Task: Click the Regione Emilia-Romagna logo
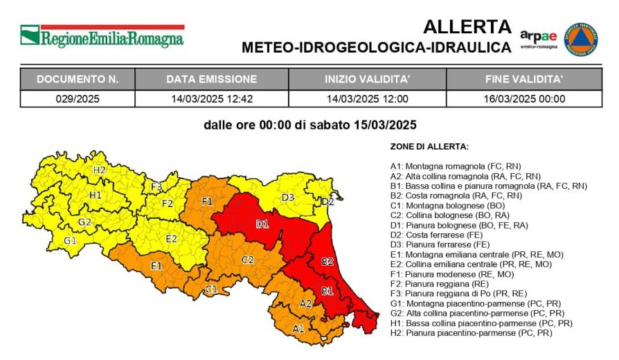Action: (102, 36)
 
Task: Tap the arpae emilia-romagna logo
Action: (538, 39)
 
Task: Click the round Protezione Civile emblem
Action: (580, 39)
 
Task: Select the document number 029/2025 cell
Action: (78, 98)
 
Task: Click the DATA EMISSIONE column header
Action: (211, 79)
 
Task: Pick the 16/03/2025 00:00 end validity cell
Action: (524, 98)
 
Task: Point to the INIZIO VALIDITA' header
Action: (367, 79)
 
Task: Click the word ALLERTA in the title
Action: (467, 27)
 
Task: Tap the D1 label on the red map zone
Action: (262, 224)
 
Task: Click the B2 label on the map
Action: (328, 262)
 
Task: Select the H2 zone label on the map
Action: (99, 170)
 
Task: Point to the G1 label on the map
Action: (70, 240)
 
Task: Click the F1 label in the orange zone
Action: (206, 201)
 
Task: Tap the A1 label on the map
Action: (298, 328)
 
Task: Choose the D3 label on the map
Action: (288, 197)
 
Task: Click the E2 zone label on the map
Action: (171, 239)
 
